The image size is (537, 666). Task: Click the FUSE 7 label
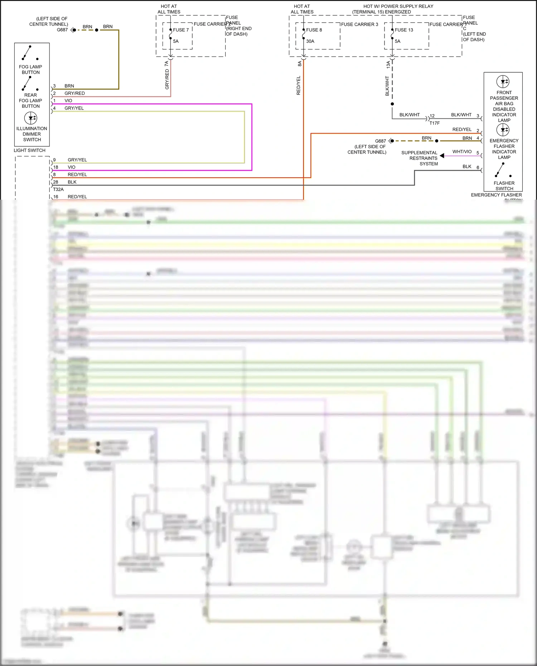point(181,30)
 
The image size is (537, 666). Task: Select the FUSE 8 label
point(314,30)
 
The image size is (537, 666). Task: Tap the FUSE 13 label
point(404,30)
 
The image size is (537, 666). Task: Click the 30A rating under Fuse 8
point(310,42)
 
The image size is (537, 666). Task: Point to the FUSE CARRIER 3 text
point(359,24)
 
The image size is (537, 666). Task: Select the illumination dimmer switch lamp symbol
point(30,118)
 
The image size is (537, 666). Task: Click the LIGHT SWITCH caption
point(29,150)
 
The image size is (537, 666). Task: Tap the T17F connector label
point(434,123)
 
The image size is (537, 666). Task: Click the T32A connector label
point(58,189)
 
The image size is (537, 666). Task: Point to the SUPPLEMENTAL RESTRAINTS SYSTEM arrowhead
point(442,156)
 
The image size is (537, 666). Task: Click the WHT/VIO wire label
point(462,152)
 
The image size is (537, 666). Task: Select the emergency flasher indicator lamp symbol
point(503,130)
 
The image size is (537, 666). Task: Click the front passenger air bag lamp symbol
point(503,82)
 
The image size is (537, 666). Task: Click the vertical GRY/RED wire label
point(167,79)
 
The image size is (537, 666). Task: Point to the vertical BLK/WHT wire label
point(387,86)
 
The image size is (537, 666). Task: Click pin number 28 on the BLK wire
point(56,182)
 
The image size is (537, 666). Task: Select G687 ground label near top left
point(62,30)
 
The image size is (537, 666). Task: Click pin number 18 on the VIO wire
point(56,167)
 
